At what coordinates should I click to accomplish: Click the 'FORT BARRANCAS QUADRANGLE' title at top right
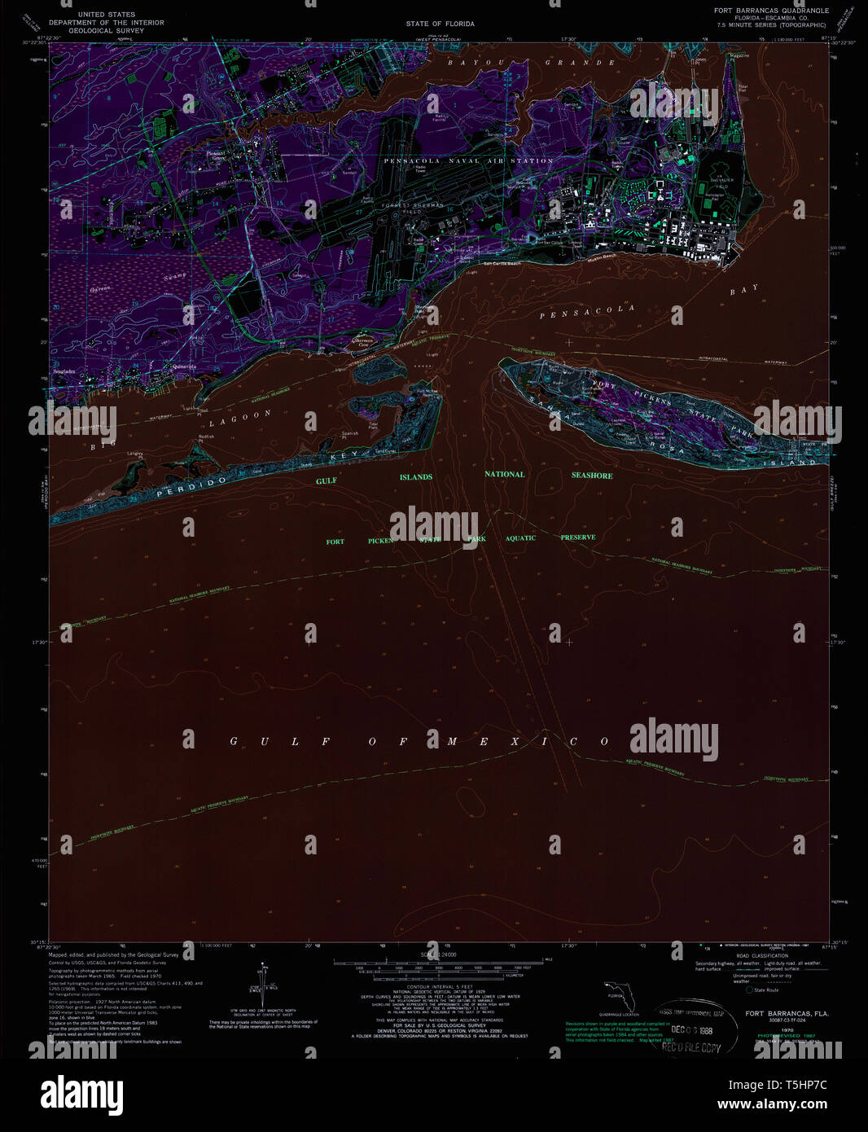(x=771, y=11)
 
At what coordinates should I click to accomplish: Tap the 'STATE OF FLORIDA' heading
(x=440, y=24)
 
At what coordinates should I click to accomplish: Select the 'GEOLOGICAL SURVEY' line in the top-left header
(x=107, y=31)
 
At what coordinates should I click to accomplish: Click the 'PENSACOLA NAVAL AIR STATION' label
(x=468, y=161)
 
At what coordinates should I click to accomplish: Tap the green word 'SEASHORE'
(x=592, y=476)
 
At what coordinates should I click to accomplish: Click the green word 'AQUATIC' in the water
(x=520, y=538)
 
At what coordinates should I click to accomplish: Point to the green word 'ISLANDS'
(x=415, y=477)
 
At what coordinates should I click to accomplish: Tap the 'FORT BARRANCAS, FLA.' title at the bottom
(x=787, y=1014)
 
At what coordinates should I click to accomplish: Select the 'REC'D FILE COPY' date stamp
(x=690, y=1047)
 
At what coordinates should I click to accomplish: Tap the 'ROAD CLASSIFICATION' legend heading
(x=762, y=955)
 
